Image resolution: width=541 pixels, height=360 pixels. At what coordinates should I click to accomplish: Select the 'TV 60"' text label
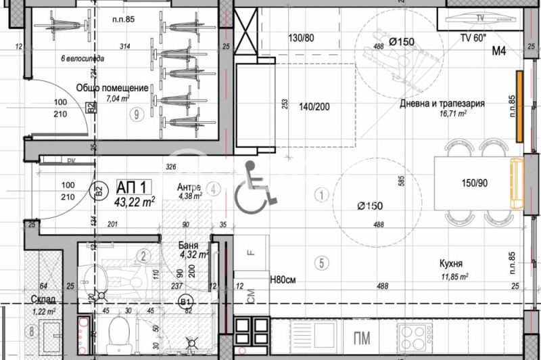(474, 38)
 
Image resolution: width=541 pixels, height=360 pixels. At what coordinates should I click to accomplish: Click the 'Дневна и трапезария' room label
(442, 104)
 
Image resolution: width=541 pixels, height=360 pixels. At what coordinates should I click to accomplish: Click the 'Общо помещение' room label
(112, 88)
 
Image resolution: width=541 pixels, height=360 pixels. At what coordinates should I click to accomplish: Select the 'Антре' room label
(189, 187)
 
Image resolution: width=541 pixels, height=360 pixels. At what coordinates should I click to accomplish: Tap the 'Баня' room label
(188, 246)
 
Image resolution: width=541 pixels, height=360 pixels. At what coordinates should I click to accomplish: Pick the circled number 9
(137, 114)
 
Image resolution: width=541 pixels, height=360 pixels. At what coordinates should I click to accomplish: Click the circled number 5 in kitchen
(322, 262)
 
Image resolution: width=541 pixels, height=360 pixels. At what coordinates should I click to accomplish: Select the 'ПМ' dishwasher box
(362, 336)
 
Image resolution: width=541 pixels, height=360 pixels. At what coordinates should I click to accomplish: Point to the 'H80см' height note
(284, 279)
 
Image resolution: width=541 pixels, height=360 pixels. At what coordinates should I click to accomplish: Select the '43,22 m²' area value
(136, 201)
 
